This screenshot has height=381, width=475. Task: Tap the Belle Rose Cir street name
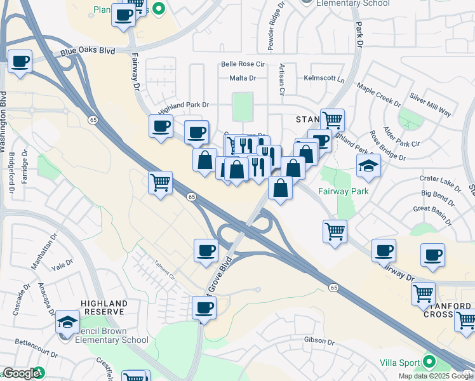242,64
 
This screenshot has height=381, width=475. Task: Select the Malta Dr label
243,78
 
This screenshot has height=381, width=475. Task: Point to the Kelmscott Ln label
324,80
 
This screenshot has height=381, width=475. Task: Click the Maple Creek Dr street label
379,95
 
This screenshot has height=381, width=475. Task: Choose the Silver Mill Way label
431,105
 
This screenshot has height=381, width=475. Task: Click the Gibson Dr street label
319,342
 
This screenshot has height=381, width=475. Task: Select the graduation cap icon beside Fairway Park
368,166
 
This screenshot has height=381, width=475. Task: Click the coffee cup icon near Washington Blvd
20,62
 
